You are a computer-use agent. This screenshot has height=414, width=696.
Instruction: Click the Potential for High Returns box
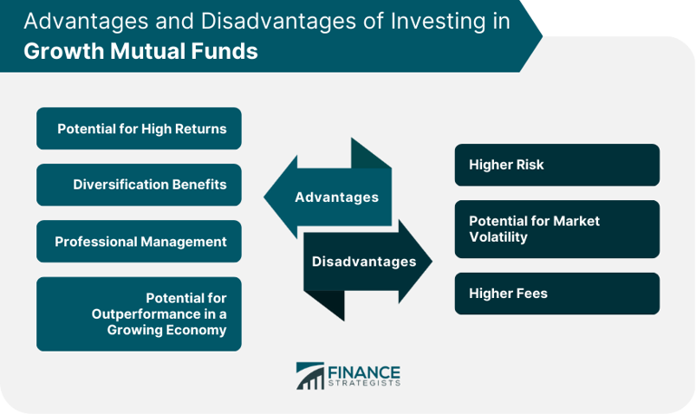click(139, 129)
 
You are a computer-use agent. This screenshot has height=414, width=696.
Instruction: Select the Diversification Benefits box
click(139, 185)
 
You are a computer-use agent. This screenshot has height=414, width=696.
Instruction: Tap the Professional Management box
click(139, 241)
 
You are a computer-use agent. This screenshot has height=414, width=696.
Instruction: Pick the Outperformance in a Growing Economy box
click(139, 313)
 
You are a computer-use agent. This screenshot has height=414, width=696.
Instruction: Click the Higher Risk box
click(556, 165)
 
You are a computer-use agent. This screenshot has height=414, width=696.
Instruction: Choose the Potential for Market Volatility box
click(556, 229)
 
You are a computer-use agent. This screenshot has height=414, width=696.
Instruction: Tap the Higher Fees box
click(556, 294)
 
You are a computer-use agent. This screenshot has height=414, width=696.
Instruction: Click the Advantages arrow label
click(336, 197)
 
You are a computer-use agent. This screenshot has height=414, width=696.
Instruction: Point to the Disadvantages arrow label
click(363, 262)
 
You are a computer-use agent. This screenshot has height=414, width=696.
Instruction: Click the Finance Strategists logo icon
click(309, 376)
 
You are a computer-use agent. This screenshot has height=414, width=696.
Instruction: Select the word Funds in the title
click(226, 52)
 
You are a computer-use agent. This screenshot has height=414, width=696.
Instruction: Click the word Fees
click(529, 294)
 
